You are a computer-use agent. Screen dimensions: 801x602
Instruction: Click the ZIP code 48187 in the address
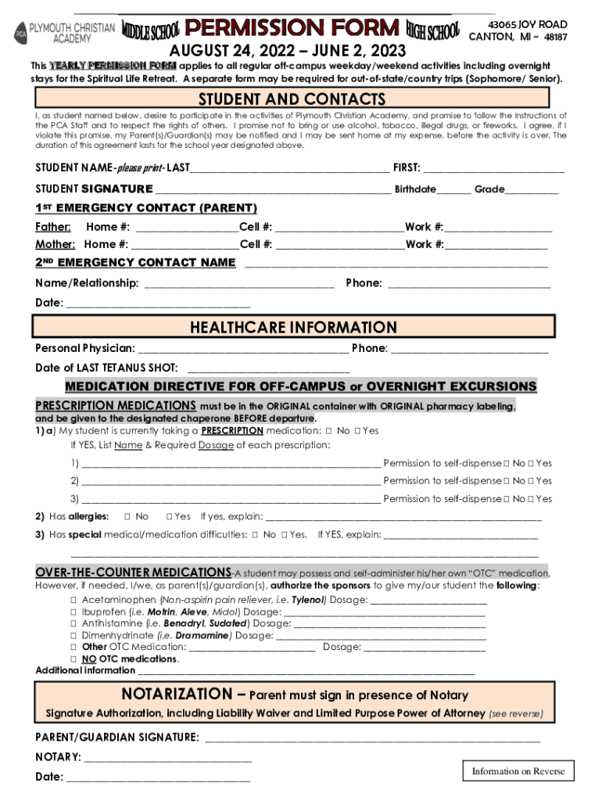click(556, 38)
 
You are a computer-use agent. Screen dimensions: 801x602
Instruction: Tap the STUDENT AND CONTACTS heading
click(292, 99)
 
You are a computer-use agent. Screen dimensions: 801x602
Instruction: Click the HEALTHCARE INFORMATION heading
click(293, 327)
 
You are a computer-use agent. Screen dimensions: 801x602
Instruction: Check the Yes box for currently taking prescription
click(357, 430)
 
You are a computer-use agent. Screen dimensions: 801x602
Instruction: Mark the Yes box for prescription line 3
click(531, 499)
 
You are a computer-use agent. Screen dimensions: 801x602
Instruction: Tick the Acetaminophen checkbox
click(73, 600)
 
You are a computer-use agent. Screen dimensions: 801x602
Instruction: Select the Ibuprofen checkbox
click(73, 612)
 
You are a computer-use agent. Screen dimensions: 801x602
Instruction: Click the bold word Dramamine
click(202, 635)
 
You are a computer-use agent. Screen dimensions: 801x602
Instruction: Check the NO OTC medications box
click(73, 659)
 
